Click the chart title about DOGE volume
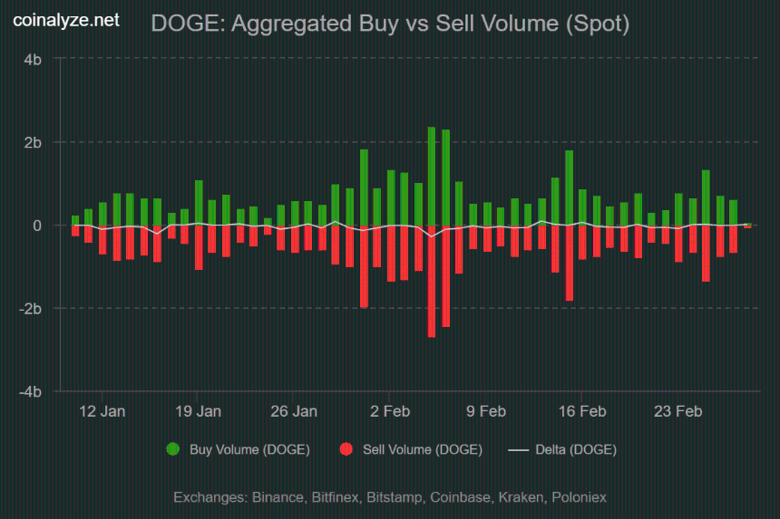point(390,24)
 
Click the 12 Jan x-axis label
point(102,411)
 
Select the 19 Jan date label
point(198,411)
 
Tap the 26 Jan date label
point(294,411)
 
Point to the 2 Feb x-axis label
point(389,411)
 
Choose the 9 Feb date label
point(485,411)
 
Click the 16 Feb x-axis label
point(581,411)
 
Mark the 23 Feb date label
point(678,411)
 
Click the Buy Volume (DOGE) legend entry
point(239,449)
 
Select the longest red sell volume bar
point(432,281)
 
